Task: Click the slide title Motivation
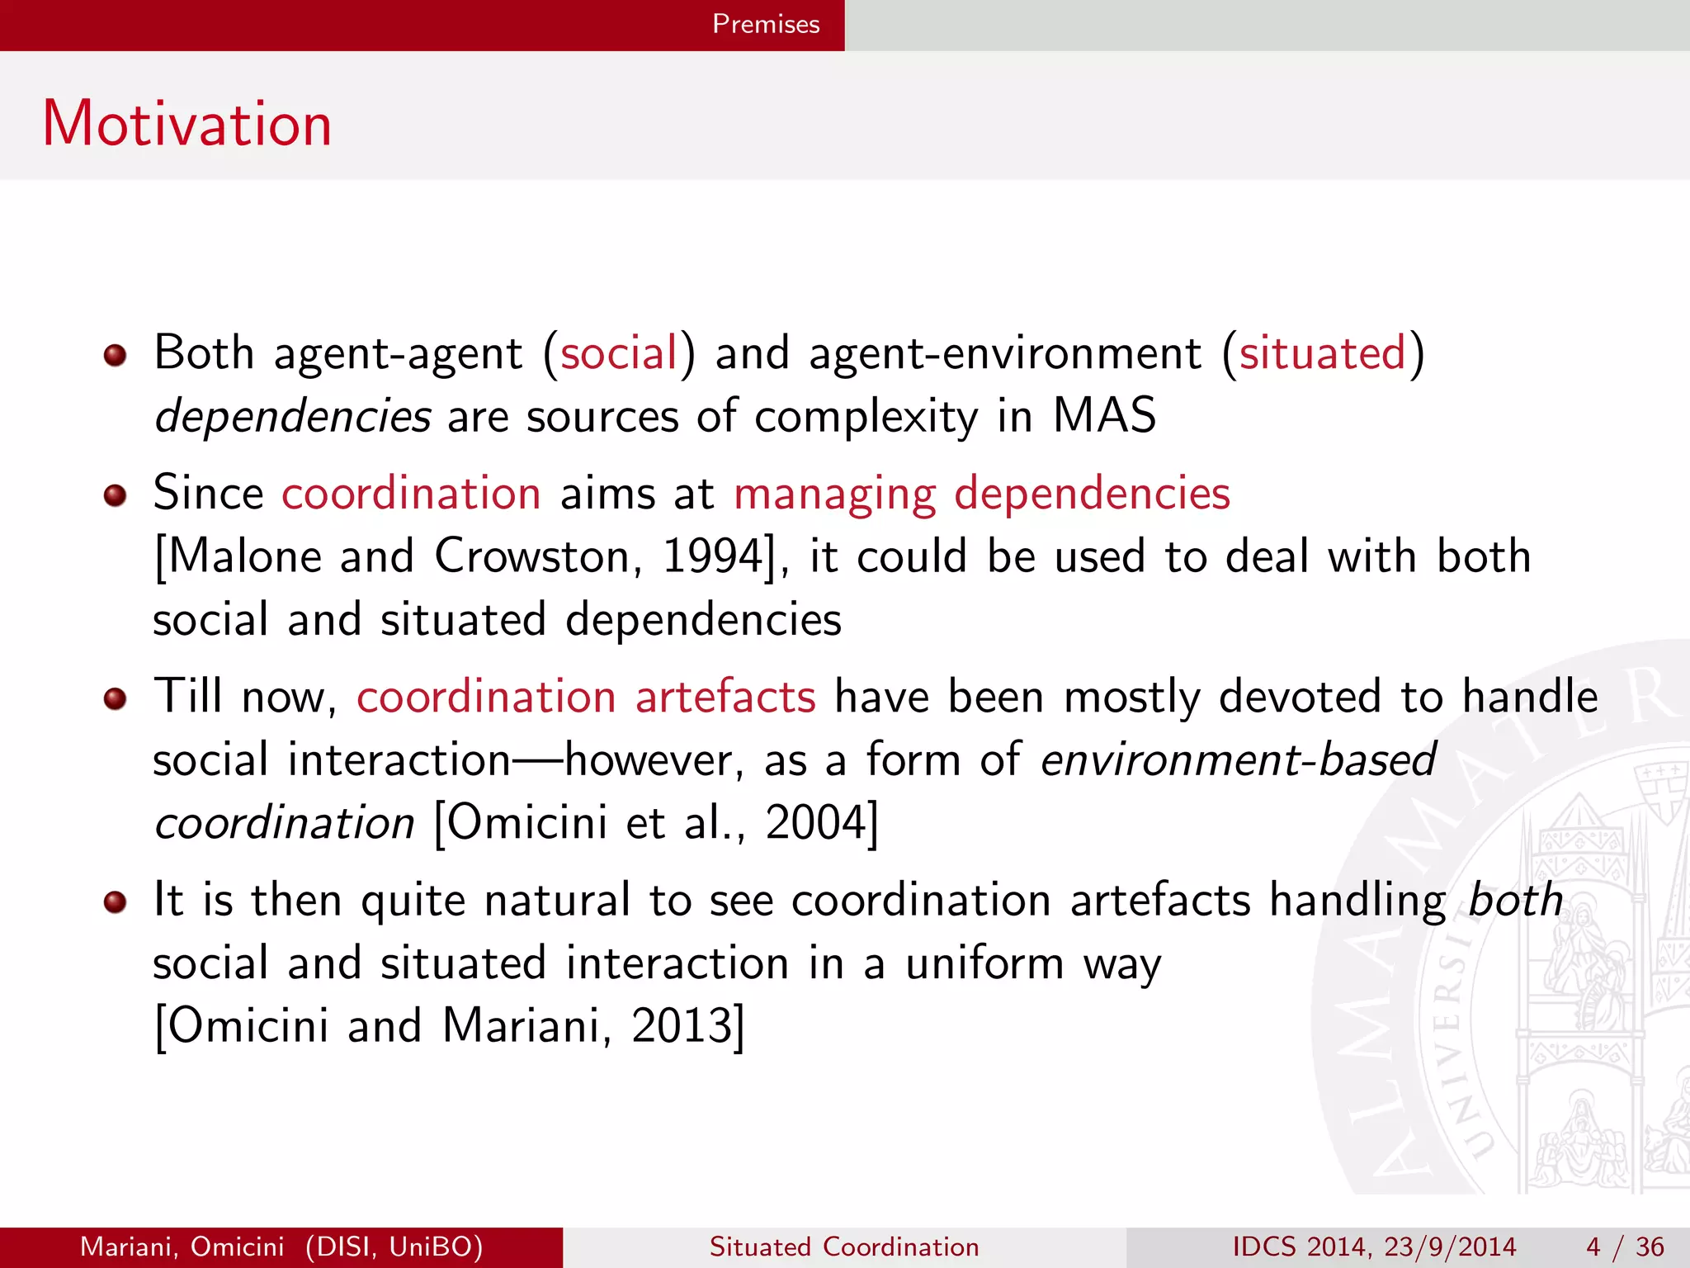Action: pyautogui.click(x=187, y=124)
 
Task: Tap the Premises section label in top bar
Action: pyautogui.click(x=765, y=24)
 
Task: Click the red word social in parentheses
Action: pyautogui.click(x=619, y=353)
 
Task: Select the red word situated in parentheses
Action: pyautogui.click(x=1322, y=353)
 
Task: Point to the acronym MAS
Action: pyautogui.click(x=1104, y=415)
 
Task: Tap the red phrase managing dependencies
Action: pyautogui.click(x=981, y=494)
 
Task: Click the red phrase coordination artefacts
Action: pyautogui.click(x=586, y=697)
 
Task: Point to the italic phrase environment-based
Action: pyautogui.click(x=1238, y=760)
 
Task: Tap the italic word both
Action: pyautogui.click(x=1515, y=900)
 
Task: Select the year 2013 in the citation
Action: pyautogui.click(x=682, y=1026)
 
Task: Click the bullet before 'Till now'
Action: pyautogui.click(x=115, y=699)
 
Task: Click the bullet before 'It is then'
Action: pyautogui.click(x=115, y=901)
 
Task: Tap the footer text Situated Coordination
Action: pyautogui.click(x=844, y=1247)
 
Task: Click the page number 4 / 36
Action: pyautogui.click(x=1624, y=1247)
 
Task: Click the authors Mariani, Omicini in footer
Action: pyautogui.click(x=182, y=1247)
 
